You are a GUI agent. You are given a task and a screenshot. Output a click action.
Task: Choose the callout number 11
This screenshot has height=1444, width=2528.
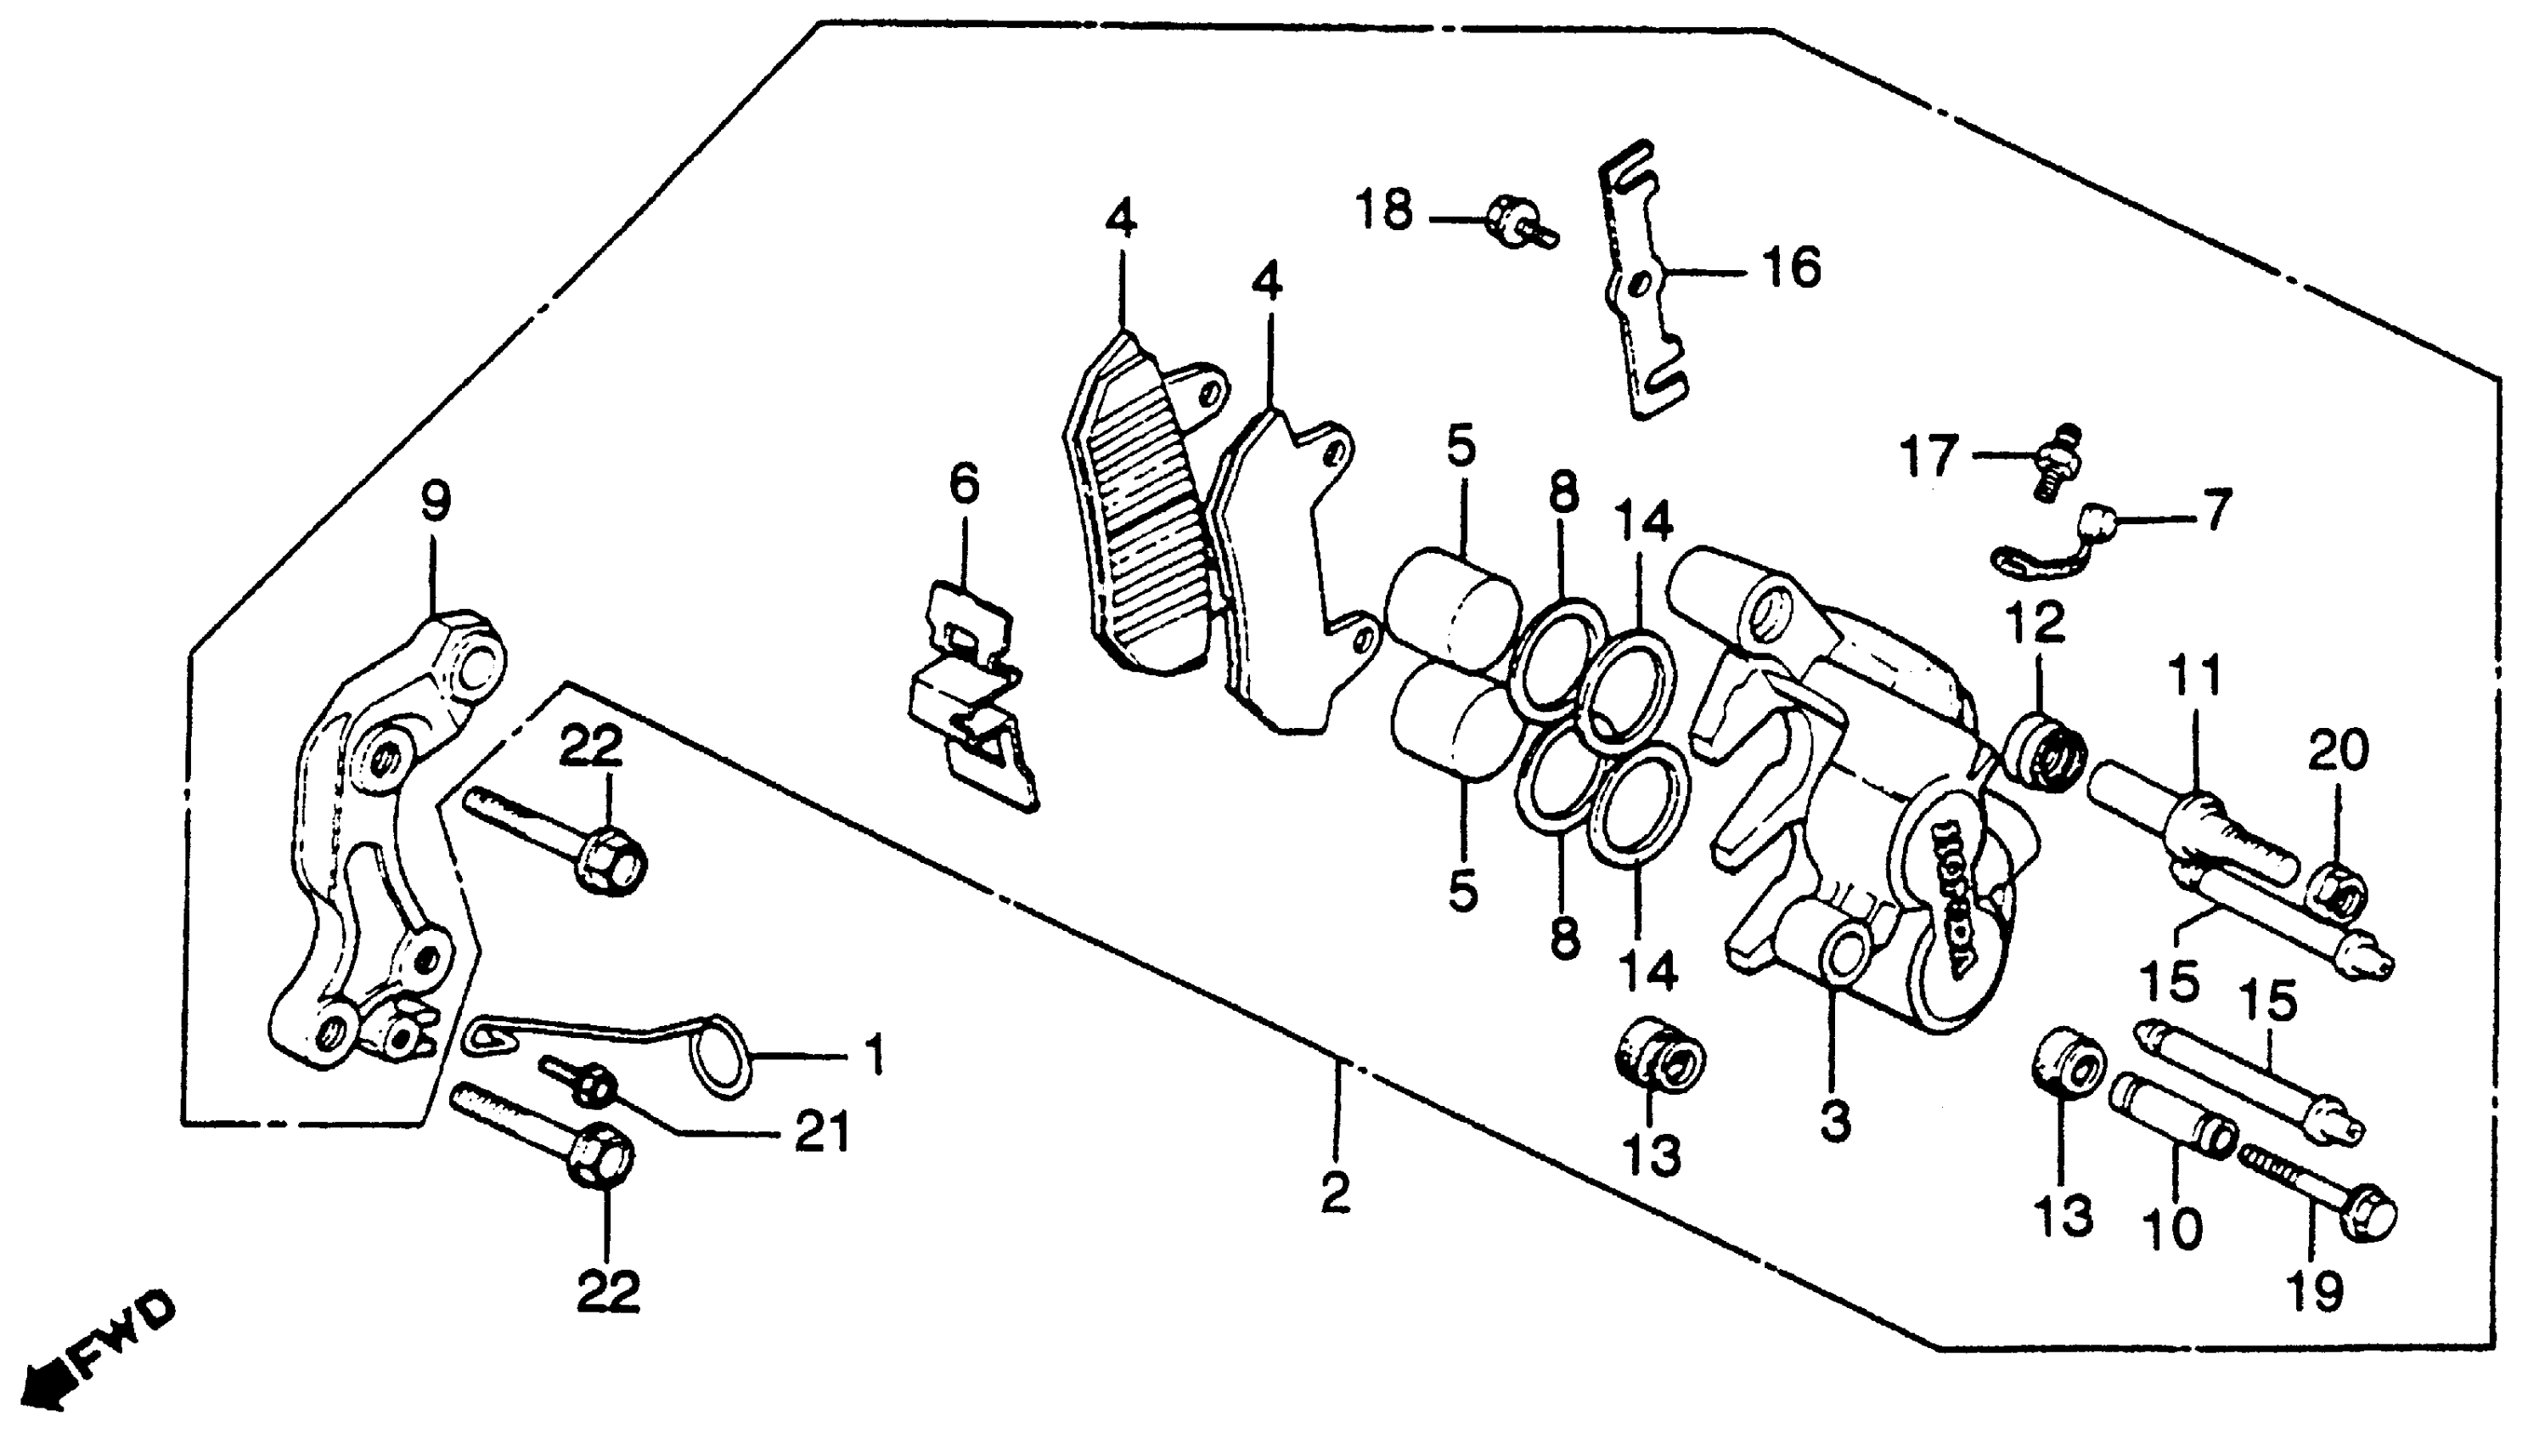point(2195,676)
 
